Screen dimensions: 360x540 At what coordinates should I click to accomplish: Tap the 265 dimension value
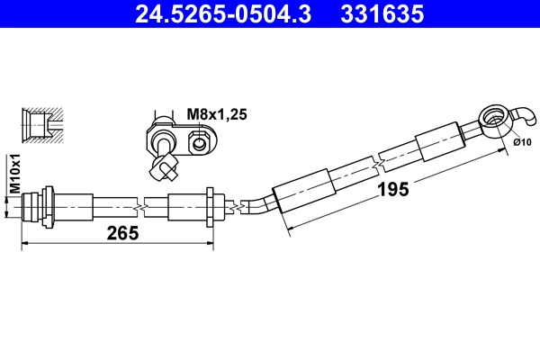121,233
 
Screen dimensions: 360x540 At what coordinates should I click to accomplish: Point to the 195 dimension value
393,188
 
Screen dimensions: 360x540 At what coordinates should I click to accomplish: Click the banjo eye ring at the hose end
492,117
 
